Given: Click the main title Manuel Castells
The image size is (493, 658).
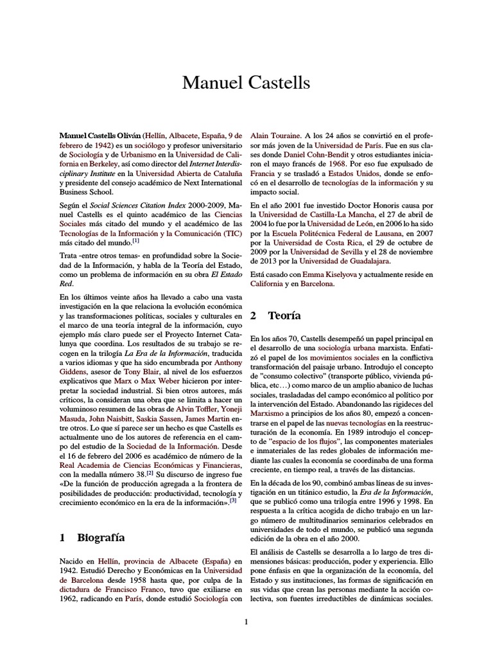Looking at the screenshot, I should point(246,83).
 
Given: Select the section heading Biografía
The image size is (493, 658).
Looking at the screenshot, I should point(101,538).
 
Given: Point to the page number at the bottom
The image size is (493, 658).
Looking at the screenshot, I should point(246,621).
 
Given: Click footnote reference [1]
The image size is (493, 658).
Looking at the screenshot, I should point(135,241).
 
